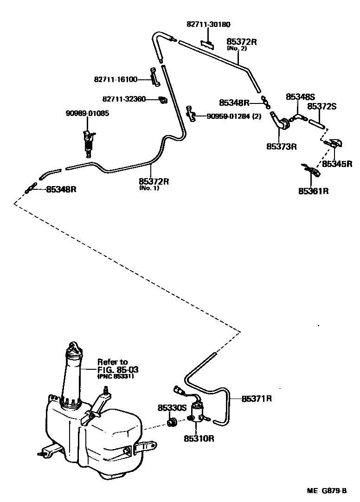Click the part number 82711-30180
point(208,25)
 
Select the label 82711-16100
point(116,79)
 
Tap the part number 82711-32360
point(124,99)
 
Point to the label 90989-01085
point(88,113)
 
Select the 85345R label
point(337,164)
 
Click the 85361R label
point(314,191)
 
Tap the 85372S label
point(321,106)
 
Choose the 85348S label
point(300,97)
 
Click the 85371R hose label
point(257,399)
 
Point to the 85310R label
point(199,438)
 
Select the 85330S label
point(172,408)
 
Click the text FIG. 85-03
point(118,370)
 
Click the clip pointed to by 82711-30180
point(207,44)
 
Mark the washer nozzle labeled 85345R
point(335,143)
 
